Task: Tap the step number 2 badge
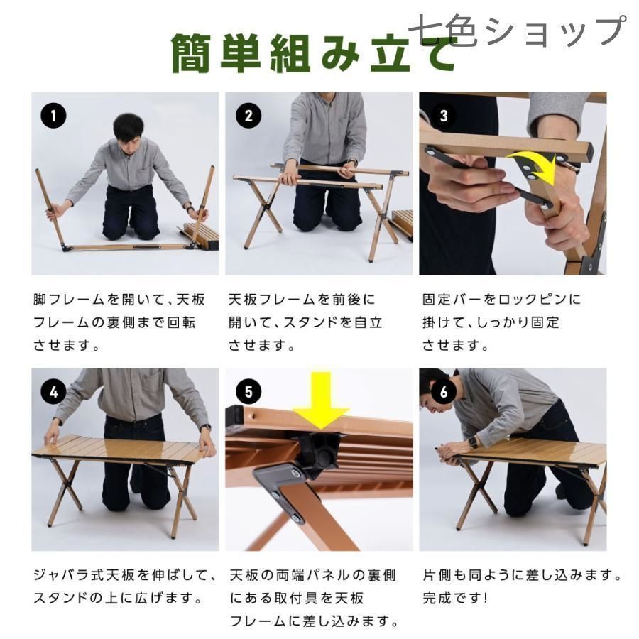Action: point(247,116)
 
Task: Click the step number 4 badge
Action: point(53,391)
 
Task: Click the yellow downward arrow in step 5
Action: point(322,400)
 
